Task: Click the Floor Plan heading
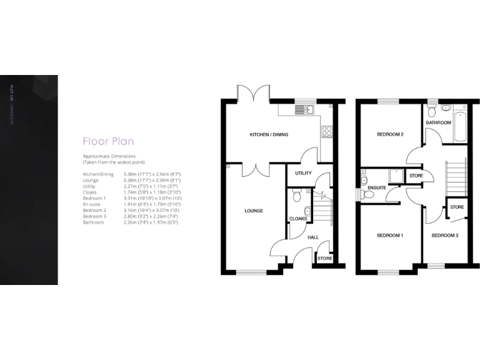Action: pos(108,141)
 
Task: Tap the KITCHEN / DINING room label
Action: pos(269,135)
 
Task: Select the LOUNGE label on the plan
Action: pos(253,211)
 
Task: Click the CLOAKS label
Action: pos(297,219)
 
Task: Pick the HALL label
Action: pos(312,237)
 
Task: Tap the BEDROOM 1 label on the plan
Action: pos(389,236)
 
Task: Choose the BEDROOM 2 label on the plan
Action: pos(389,135)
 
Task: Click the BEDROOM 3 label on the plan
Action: pos(444,236)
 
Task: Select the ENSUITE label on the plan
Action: pos(376,187)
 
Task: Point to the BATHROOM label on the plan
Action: pos(438,123)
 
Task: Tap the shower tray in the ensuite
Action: pos(396,176)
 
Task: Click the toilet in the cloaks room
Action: pos(298,197)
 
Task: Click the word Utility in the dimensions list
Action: pos(89,186)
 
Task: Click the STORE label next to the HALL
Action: pos(324,258)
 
